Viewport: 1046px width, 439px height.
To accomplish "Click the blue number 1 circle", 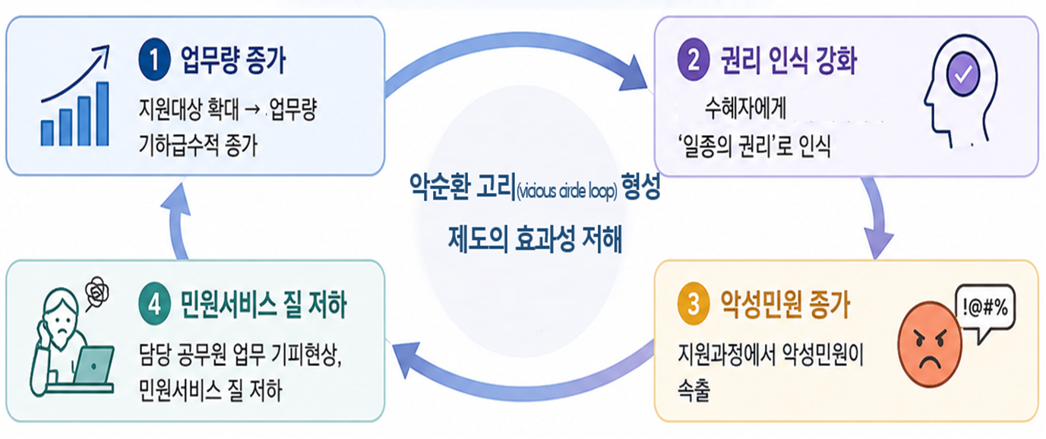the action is click(154, 60).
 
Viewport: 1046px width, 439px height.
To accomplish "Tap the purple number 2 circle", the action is click(694, 60).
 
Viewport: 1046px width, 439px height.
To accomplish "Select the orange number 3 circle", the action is click(694, 304).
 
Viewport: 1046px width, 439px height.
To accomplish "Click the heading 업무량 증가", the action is click(233, 60).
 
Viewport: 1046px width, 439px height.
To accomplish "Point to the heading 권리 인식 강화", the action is click(788, 60).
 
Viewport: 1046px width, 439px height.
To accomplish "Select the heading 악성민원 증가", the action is click(785, 305).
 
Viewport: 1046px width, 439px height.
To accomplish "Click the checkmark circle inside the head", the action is click(963, 74).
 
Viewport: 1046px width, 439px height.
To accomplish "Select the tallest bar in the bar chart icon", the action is click(103, 114).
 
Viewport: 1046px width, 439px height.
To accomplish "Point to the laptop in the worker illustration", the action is click(93, 365).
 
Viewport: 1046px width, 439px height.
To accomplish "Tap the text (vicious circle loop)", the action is click(567, 191).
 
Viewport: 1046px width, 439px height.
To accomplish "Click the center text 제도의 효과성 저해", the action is click(535, 239).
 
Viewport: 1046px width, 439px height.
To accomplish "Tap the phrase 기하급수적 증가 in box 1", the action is click(198, 145).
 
